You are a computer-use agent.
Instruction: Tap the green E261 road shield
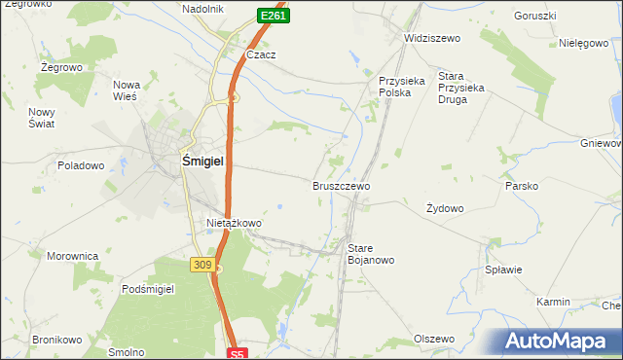click(273, 16)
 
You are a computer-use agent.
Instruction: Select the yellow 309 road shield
click(202, 265)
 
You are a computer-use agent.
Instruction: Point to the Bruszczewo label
click(341, 185)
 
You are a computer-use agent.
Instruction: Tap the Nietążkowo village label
click(234, 223)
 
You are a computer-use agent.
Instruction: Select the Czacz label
click(261, 54)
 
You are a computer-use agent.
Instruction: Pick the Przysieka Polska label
click(402, 88)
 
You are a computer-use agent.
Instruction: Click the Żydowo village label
click(445, 208)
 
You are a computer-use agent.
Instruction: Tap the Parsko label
click(522, 185)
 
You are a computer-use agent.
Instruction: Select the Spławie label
click(504, 270)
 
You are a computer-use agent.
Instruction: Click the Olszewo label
click(434, 339)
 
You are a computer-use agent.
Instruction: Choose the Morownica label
click(73, 256)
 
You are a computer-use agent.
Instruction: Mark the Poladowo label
click(81, 165)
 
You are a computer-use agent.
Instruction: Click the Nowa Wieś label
click(128, 90)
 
